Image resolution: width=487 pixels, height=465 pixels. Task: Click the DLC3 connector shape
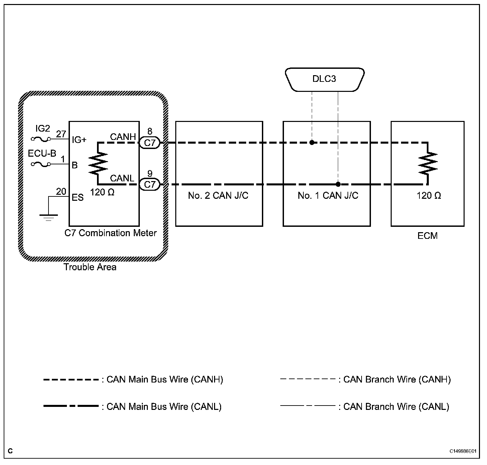coord(324,80)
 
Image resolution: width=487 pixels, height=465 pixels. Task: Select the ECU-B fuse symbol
coord(40,164)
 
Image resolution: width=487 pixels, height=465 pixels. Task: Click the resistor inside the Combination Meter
coord(98,163)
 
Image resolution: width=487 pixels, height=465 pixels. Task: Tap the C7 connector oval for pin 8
coord(150,143)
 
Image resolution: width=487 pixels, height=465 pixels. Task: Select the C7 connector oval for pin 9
coord(150,184)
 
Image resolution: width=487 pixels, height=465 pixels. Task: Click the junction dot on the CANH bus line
coord(312,143)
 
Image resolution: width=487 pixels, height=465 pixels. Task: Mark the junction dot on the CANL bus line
coord(338,184)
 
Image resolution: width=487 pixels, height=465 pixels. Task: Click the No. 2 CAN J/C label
coord(218,195)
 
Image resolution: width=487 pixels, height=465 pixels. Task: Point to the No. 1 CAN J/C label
coord(328,195)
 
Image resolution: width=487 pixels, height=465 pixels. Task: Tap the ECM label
coord(427,236)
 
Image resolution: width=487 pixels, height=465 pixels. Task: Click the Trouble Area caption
coord(90,267)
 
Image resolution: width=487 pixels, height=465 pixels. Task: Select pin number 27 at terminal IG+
coord(61,134)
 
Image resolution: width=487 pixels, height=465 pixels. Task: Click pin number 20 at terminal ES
coord(61,192)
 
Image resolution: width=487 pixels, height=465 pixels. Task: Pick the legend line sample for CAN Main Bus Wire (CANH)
coord(71,380)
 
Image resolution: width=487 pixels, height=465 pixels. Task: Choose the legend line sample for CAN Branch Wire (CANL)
coord(308,406)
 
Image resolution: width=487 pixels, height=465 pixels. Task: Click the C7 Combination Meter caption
coord(110,233)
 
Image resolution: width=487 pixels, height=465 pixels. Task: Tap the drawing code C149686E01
coord(463,451)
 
